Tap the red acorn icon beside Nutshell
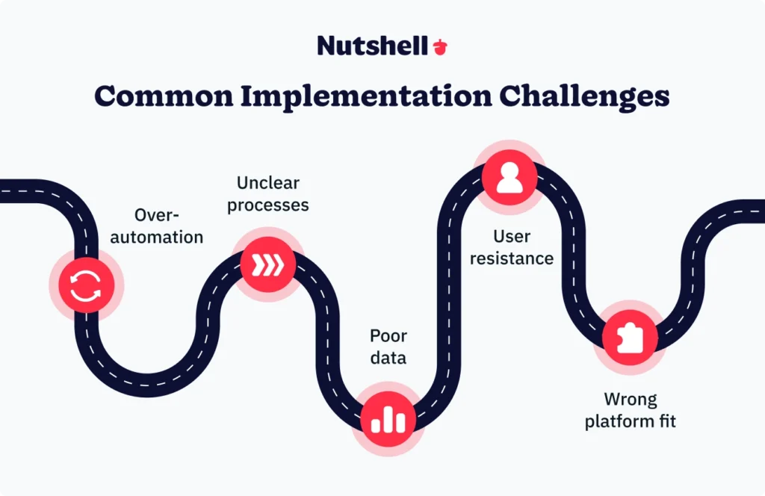click(440, 46)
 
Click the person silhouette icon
click(510, 177)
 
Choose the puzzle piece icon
click(629, 337)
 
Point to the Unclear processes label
click(268, 193)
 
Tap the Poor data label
click(388, 346)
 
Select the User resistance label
click(512, 248)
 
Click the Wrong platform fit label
click(630, 409)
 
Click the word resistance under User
click(512, 259)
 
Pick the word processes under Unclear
click(268, 205)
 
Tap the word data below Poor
click(388, 357)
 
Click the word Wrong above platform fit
click(630, 398)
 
